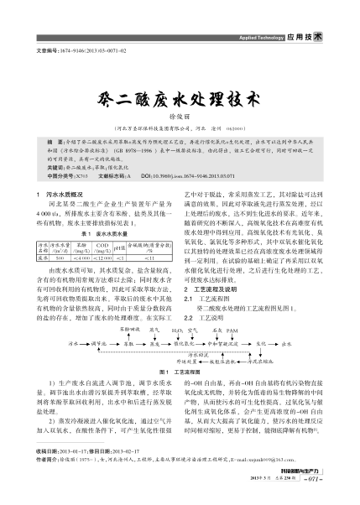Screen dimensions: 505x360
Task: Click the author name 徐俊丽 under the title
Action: tap(180, 116)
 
